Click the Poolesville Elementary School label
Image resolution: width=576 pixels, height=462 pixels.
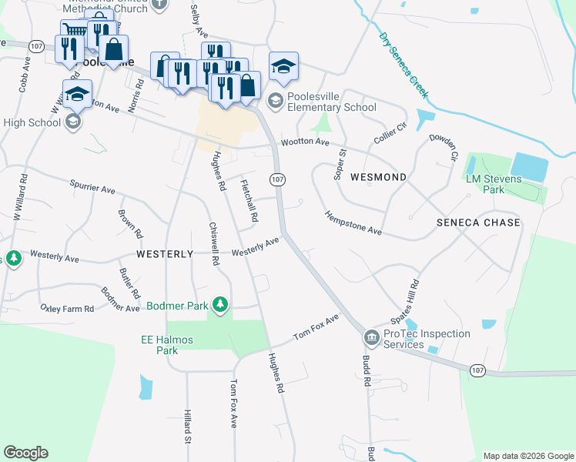[x=331, y=102]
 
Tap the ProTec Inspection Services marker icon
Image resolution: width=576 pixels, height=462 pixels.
[x=371, y=337]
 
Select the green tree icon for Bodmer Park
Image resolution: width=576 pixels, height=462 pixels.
[x=221, y=305]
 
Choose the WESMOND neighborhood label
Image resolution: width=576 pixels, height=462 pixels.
[x=378, y=177]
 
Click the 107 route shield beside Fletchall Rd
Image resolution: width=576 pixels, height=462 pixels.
[x=278, y=179]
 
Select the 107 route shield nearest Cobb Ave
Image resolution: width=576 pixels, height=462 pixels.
[x=35, y=46]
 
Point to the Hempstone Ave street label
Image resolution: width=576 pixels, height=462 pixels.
[x=353, y=223]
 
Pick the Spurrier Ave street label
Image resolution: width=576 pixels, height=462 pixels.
[x=92, y=189]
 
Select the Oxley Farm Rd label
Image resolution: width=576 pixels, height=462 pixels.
[x=67, y=308]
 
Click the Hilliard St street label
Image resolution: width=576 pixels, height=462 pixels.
[x=186, y=427]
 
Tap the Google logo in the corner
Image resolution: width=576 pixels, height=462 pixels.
[x=25, y=453]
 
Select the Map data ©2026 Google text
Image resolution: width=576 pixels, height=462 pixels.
[x=527, y=456]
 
